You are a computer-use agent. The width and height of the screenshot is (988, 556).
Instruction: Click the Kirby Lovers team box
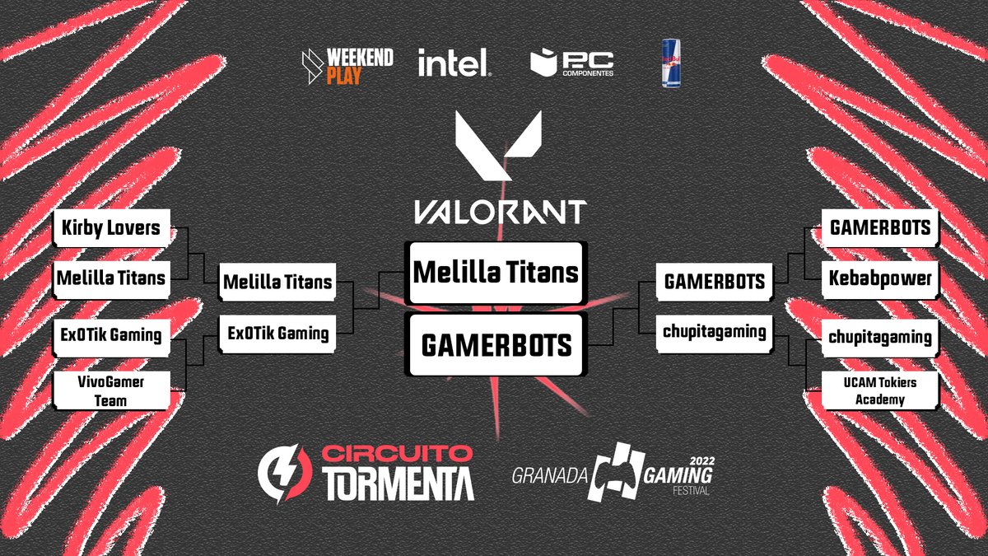pyautogui.click(x=110, y=228)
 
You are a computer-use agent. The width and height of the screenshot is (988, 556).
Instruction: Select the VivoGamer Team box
pyautogui.click(x=110, y=390)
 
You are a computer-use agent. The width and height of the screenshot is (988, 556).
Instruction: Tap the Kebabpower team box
pyautogui.click(x=879, y=278)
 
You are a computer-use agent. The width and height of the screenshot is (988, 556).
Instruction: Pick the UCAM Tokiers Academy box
pyautogui.click(x=879, y=390)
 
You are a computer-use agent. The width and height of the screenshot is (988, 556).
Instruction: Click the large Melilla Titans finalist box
pyautogui.click(x=496, y=273)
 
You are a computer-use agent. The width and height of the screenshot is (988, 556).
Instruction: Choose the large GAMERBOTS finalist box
pyautogui.click(x=496, y=345)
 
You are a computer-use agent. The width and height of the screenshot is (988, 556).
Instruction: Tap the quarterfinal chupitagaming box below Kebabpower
pyautogui.click(x=879, y=337)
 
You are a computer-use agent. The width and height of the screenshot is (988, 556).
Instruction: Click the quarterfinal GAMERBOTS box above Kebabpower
pyautogui.click(x=879, y=227)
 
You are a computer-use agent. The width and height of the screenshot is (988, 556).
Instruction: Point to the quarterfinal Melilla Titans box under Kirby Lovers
pyautogui.click(x=110, y=278)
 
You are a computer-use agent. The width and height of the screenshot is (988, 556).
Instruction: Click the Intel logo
pyautogui.click(x=454, y=63)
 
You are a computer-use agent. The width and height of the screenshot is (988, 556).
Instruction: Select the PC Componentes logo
pyautogui.click(x=572, y=63)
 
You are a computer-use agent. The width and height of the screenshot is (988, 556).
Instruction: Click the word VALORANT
pyautogui.click(x=499, y=212)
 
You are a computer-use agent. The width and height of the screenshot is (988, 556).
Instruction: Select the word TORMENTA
pyautogui.click(x=398, y=484)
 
